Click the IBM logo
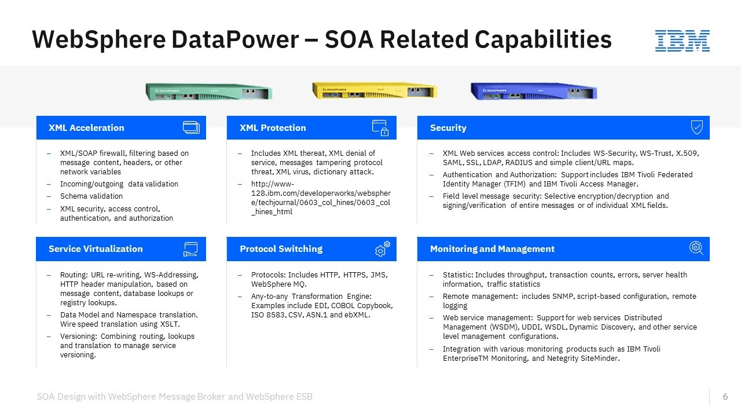pos(682,41)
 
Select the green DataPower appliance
pos(209,92)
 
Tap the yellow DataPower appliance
pos(375,90)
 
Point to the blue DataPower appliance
pos(534,91)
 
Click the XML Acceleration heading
pos(86,128)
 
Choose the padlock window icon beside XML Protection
pos(380,128)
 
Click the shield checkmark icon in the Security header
pos(696,127)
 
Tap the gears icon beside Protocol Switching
pos(383,249)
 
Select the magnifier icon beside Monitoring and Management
pos(696,248)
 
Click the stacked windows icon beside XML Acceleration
pos(191,127)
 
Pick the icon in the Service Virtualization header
pos(190,249)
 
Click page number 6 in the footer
pos(725,397)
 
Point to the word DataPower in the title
pos(235,39)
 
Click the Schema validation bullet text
pos(91,196)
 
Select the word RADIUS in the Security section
pos(519,163)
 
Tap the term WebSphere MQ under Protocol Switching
pos(279,284)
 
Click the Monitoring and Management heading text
pos(492,249)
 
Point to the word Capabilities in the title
pos(543,39)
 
